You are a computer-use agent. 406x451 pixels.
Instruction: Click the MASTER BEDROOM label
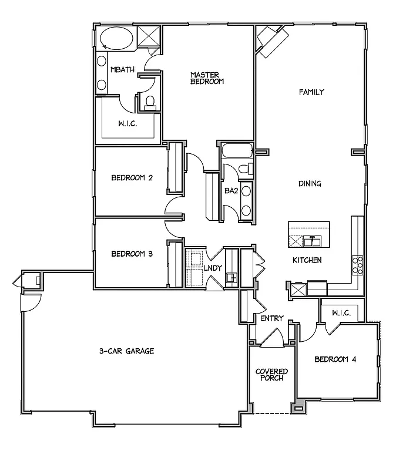tap(207, 78)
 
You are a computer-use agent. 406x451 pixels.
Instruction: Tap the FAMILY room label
tap(311, 92)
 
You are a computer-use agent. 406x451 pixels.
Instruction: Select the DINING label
tap(309, 184)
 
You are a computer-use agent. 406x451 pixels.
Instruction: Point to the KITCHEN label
tap(307, 260)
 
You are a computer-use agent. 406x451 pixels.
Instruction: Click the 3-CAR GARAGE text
tap(126, 351)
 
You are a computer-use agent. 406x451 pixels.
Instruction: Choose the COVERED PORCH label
tap(271, 375)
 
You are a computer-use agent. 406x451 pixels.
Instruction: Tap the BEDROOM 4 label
tap(335, 359)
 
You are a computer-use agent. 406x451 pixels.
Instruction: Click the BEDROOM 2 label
tap(132, 178)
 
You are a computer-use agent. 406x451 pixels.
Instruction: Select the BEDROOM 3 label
tap(132, 254)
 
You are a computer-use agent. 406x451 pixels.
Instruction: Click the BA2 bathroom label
tap(230, 190)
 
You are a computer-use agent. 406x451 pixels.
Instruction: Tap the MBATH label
tap(122, 70)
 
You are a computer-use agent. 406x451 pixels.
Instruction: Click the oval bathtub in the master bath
tap(116, 40)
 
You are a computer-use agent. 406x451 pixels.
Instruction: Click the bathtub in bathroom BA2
tap(236, 152)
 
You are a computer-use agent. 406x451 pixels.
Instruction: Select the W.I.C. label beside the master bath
tap(128, 124)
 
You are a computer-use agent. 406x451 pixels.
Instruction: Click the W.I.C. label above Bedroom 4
tap(341, 313)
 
